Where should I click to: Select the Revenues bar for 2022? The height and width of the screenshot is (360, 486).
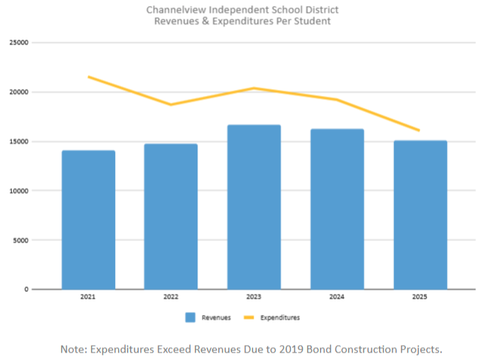(x=171, y=216)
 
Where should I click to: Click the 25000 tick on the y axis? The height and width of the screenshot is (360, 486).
(x=19, y=43)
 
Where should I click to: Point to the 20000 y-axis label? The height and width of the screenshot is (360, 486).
(x=19, y=92)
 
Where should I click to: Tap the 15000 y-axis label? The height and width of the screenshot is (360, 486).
(x=19, y=141)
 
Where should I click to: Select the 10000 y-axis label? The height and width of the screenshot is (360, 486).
(x=19, y=191)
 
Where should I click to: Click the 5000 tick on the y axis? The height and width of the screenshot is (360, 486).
(x=20, y=240)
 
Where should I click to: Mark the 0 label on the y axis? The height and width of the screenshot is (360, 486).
(x=25, y=290)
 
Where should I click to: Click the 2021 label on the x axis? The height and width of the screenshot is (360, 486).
(x=88, y=297)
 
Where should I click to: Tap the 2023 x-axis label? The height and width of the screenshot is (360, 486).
(x=254, y=297)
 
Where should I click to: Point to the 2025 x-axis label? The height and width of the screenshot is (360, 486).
(x=420, y=297)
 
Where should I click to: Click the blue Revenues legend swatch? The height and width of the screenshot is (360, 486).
(x=191, y=317)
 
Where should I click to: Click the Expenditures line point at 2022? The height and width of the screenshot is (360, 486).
(x=171, y=104)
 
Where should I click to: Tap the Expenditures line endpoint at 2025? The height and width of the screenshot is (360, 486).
(x=419, y=130)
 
